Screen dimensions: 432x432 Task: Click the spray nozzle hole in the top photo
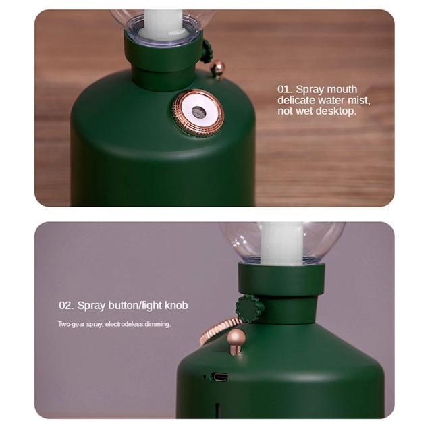(199, 112)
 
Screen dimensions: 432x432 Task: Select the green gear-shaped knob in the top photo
(207, 51)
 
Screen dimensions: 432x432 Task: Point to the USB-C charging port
(219, 377)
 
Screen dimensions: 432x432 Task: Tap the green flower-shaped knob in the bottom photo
(249, 308)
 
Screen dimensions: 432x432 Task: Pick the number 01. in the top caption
(285, 89)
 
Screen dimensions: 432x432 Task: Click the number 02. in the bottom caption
(66, 306)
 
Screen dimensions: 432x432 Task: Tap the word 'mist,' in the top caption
(359, 101)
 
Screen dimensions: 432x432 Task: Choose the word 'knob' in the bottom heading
(176, 305)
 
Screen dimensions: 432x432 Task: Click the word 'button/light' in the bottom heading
(135, 306)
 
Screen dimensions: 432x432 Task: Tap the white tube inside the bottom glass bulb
(281, 244)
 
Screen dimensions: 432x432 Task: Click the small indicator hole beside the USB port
(204, 377)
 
